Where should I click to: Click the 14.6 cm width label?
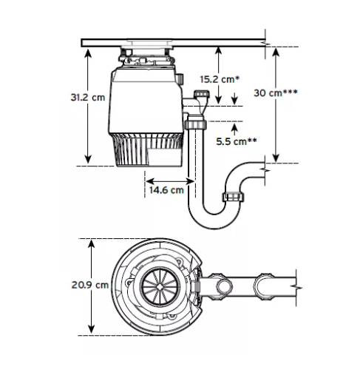(166, 190)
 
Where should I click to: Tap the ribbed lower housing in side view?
(146, 152)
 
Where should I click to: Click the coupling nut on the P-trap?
(233, 196)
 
